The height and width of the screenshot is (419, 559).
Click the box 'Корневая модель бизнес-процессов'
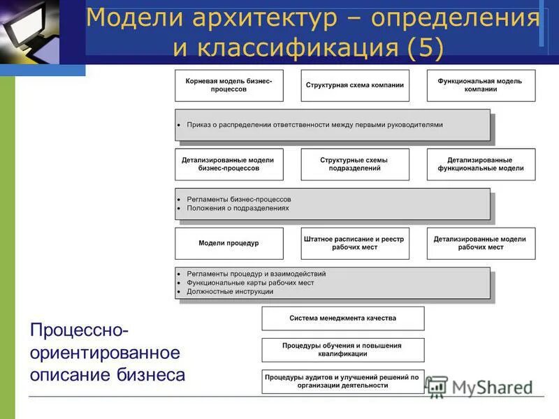(229, 85)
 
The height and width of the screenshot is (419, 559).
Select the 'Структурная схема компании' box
(355, 85)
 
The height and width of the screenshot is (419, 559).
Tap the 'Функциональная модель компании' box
(481, 85)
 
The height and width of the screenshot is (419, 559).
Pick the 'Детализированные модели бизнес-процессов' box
(229, 164)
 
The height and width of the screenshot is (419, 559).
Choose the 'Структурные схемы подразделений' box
(355, 164)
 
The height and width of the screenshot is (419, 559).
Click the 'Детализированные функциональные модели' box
(481, 164)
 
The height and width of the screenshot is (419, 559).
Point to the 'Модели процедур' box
(229, 243)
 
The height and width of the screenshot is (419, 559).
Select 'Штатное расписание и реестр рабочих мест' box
(355, 243)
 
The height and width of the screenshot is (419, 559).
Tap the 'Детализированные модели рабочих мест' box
(481, 243)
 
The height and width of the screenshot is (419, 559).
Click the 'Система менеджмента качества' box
(342, 318)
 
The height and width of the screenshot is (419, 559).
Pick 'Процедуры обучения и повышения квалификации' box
(342, 349)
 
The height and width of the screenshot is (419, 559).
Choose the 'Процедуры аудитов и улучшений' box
(342, 381)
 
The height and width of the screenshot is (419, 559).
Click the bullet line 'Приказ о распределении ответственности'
(314, 125)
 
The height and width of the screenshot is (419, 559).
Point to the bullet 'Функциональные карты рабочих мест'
(250, 283)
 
